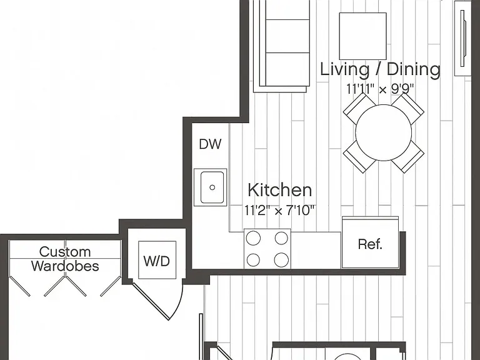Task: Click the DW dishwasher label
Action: pyautogui.click(x=210, y=144)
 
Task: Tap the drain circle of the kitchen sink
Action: pyautogui.click(x=212, y=187)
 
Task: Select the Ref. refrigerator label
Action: pyautogui.click(x=370, y=244)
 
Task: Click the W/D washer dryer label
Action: pyautogui.click(x=156, y=261)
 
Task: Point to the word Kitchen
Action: pyautogui.click(x=280, y=190)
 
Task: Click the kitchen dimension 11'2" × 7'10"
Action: pyautogui.click(x=279, y=211)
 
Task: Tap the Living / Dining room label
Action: pyautogui.click(x=380, y=69)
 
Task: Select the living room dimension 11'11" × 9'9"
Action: pyautogui.click(x=380, y=89)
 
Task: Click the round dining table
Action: pyautogui.click(x=383, y=132)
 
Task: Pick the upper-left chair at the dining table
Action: pyautogui.click(x=359, y=109)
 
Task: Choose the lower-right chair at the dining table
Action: pyautogui.click(x=408, y=157)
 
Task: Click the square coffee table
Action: pyautogui.click(x=362, y=36)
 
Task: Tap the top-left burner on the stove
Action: pyautogui.click(x=254, y=238)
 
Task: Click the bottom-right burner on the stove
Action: pyautogui.click(x=281, y=260)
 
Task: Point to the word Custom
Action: pyautogui.click(x=65, y=252)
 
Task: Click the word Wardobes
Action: pyautogui.click(x=65, y=266)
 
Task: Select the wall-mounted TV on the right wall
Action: pyautogui.click(x=463, y=38)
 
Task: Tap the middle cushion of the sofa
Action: pyautogui.click(x=287, y=36)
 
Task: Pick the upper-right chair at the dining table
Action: pyautogui.click(x=408, y=109)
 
